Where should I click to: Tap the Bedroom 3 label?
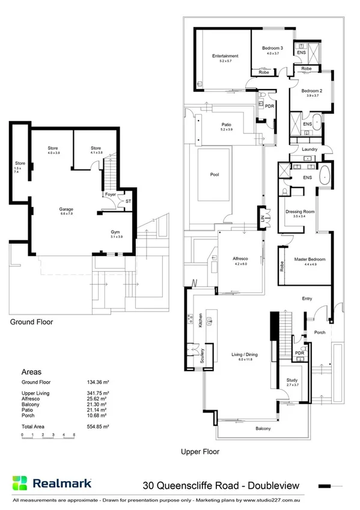[272, 48]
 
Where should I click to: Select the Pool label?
[215, 174]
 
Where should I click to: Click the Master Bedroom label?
[310, 259]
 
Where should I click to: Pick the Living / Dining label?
[245, 355]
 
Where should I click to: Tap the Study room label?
[293, 380]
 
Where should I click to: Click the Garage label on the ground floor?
[66, 209]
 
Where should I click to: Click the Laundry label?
[310, 149]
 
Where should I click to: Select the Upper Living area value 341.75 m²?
[100, 393]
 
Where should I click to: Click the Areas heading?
[31, 372]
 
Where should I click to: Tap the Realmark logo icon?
[20, 483]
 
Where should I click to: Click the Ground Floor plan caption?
[31, 322]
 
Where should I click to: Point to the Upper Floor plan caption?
[200, 451]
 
